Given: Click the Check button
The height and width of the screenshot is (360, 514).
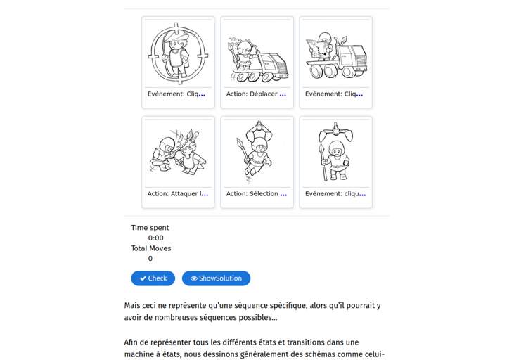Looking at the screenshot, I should coord(153,278).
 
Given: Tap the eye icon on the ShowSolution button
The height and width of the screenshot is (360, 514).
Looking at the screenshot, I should coord(194,278).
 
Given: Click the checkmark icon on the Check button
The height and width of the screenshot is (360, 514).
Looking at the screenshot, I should coord(143,278).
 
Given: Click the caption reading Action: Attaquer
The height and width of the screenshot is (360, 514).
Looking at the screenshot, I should coord(178,194).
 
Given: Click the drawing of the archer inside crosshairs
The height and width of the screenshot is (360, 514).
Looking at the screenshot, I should coord(178,53).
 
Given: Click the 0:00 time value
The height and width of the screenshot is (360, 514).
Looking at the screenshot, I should coord(155,238).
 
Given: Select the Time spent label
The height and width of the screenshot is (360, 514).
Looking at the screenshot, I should coord(150,228).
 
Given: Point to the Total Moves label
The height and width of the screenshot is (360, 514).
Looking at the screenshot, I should coord(150,248).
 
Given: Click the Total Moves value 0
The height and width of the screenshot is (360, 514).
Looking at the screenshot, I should coord(150,259).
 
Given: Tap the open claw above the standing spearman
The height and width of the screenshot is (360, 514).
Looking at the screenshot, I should coord(335,131).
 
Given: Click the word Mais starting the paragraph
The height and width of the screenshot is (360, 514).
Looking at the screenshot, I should coord(133,306).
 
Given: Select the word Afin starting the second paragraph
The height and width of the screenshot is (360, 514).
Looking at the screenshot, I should coord(132,342).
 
